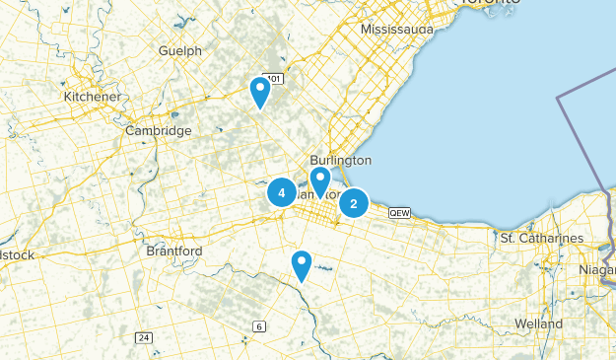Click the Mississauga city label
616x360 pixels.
396,30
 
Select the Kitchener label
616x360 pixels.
92,97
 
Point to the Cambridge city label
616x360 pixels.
158,130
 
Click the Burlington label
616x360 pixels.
340,160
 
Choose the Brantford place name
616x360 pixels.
173,252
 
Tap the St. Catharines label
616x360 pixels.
541,239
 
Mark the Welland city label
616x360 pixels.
538,324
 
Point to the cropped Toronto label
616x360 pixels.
490,3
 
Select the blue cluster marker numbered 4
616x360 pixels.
282,193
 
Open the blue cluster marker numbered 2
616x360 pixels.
354,203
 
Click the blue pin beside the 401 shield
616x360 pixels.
260,92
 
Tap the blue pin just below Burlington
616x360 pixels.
320,181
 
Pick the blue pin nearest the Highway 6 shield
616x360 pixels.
302,265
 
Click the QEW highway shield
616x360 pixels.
399,212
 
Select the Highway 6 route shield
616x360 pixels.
259,326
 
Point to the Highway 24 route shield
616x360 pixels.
145,338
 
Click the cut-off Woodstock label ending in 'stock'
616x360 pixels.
16,255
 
